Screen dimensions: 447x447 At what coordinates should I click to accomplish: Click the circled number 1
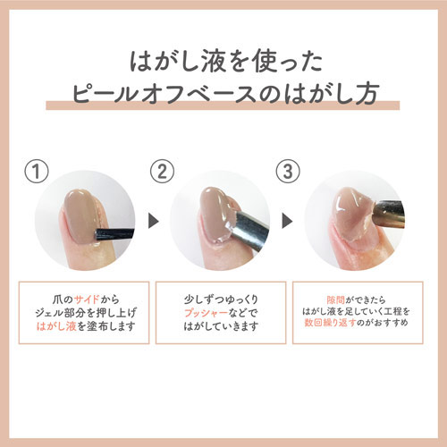pos(37,172)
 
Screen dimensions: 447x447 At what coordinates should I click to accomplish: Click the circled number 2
pos(162,172)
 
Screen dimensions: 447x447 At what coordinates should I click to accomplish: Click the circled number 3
pos(288,172)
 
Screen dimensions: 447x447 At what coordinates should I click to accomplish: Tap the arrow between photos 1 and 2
pos(154,221)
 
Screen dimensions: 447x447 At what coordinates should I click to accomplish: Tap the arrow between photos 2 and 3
pos(287,221)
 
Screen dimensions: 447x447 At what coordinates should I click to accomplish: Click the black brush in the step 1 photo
pos(114,233)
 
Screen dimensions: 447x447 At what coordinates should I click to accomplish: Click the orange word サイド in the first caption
pos(87,299)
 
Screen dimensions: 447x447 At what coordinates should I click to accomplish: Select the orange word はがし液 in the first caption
pos(56,326)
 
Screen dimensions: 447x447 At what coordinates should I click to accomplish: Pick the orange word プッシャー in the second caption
pos(206,313)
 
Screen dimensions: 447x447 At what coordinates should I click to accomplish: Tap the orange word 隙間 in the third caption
pos(335,299)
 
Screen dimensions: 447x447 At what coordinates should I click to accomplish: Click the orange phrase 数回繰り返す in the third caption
pos(330,323)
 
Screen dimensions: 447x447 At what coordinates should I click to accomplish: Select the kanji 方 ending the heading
pos(367,93)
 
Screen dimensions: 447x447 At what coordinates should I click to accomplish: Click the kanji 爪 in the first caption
pos(57,299)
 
